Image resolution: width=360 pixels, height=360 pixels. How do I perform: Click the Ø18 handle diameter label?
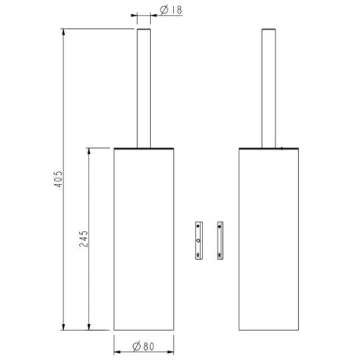pos(171,10)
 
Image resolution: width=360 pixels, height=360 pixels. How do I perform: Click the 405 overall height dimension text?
pos(59,179)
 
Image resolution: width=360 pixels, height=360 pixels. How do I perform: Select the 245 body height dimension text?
pos(84,239)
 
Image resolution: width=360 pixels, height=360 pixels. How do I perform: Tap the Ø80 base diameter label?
pos(143,347)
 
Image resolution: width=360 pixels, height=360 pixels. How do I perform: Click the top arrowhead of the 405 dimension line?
pos(63,32)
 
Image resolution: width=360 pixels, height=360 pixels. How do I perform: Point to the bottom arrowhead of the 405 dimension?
pos(63,327)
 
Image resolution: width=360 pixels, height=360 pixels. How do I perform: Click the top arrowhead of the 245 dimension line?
pos(88,151)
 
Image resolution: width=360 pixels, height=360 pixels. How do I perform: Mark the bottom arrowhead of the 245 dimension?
pos(88,327)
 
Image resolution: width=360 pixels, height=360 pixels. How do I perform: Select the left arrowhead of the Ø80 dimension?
pos(117,352)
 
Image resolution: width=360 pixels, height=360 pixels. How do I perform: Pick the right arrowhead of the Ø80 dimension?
pos(171,352)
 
